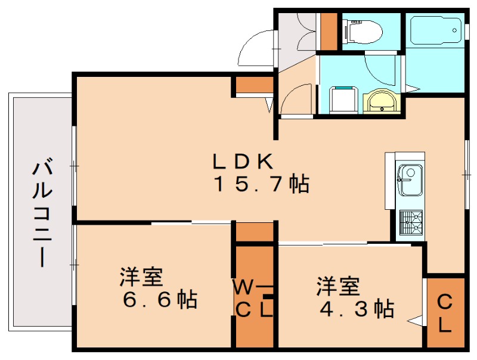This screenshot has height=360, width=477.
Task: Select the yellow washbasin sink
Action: (x=379, y=102)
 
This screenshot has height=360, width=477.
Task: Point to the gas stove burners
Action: (x=410, y=224)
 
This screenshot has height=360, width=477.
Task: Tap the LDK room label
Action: (x=243, y=160)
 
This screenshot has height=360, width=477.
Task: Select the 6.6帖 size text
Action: (x=160, y=299)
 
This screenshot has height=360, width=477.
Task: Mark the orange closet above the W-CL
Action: (x=253, y=232)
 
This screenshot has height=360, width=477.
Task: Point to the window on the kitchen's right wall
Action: (x=465, y=172)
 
